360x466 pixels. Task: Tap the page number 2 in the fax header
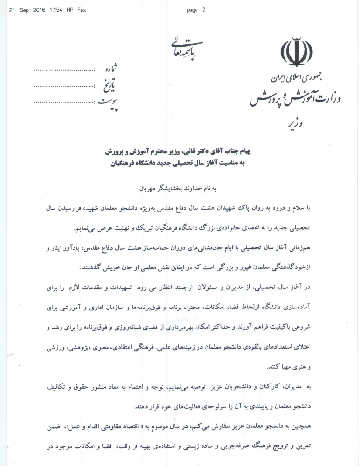point(204,9)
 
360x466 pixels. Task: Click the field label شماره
point(109,70)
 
